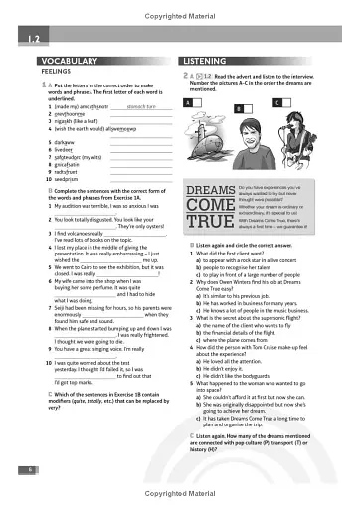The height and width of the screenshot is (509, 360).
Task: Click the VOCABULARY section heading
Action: (53, 60)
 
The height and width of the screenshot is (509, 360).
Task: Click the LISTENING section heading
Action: (212, 60)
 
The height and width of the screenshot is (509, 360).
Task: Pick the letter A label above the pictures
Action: (188, 103)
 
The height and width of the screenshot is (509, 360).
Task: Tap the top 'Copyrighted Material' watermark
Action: (180, 7)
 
